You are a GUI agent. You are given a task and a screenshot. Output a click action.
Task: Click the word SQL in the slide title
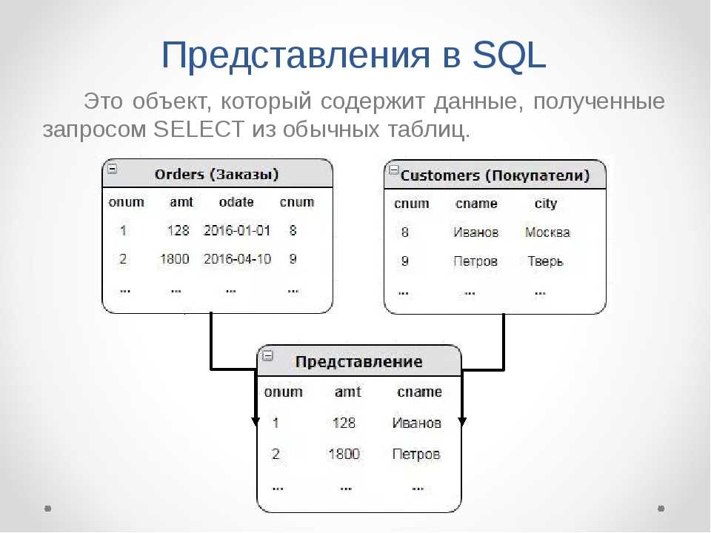coord(509,55)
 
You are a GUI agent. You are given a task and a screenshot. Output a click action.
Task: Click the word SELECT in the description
coord(199,129)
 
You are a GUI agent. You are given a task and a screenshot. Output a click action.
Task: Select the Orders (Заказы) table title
coord(217,175)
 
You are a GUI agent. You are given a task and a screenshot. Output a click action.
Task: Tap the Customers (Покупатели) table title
coord(495,175)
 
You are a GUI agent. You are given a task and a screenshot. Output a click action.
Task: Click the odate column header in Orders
coord(236,202)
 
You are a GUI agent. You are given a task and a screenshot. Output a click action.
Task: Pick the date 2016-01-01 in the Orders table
coord(237,231)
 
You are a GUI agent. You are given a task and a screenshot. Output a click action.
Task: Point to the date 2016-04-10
coord(237,259)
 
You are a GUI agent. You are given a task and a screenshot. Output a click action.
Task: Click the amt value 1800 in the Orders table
coord(175,259)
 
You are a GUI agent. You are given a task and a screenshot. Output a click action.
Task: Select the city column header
coord(546,204)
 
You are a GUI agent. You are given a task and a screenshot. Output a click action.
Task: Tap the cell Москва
coord(547,232)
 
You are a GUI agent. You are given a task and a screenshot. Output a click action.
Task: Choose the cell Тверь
coord(545,261)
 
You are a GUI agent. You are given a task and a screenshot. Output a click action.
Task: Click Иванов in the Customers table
coord(475,232)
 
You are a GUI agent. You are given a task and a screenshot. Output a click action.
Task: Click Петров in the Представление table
coord(415,454)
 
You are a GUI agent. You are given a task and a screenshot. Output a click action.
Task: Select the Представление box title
coord(358,362)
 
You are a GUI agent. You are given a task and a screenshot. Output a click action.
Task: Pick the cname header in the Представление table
coord(419,392)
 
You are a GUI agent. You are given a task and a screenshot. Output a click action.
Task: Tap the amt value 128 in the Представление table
coord(344,423)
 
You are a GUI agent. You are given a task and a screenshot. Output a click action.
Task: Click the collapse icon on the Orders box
coord(112,169)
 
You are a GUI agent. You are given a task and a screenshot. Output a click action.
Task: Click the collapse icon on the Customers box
coord(393,170)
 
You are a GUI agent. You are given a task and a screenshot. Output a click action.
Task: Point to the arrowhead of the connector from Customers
coord(461,421)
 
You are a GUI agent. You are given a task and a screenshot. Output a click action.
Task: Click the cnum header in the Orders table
coord(296,202)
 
